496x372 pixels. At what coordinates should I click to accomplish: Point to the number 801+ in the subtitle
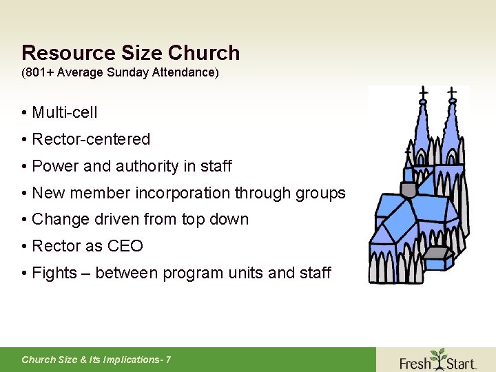[x=39, y=72]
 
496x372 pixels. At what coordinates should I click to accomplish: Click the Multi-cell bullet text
[x=65, y=112]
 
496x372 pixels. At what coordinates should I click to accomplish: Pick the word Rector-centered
[x=91, y=139]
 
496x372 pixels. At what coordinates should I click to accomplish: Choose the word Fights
[x=54, y=273]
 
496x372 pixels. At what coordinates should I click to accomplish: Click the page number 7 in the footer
[x=168, y=360]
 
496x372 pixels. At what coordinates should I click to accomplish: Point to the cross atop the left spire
[x=423, y=91]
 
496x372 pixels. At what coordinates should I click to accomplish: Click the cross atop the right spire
[x=452, y=91]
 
